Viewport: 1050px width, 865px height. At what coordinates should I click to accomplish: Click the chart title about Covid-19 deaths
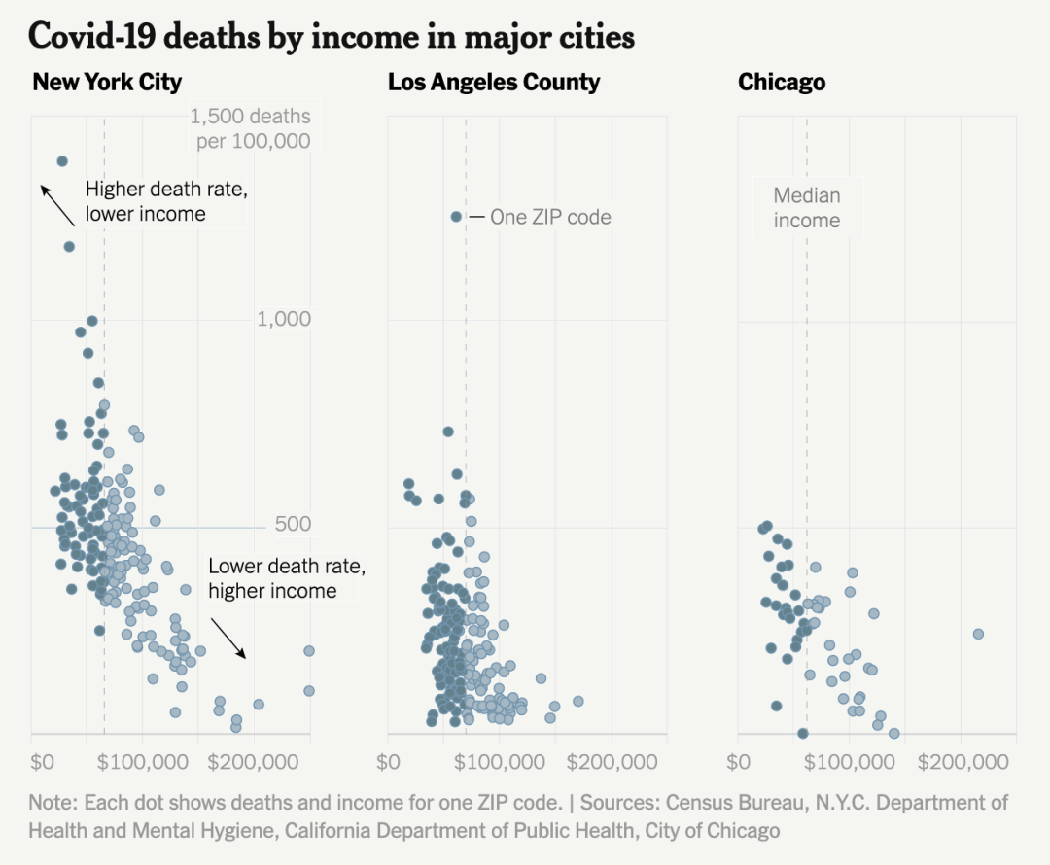pyautogui.click(x=332, y=36)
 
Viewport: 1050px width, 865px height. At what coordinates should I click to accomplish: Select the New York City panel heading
pyautogui.click(x=107, y=82)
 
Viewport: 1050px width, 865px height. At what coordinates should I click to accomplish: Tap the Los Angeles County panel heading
pyautogui.click(x=494, y=82)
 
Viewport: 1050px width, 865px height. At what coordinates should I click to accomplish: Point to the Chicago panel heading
pyautogui.click(x=782, y=82)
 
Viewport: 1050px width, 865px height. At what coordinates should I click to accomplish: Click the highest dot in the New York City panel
pyautogui.click(x=62, y=161)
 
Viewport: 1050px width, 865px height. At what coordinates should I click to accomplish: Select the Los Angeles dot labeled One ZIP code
pyautogui.click(x=456, y=217)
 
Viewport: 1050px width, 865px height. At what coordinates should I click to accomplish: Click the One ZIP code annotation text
pyautogui.click(x=550, y=217)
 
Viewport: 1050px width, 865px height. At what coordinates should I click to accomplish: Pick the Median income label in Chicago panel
pyautogui.click(x=807, y=208)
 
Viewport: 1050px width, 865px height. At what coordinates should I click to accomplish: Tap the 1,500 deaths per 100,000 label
pyautogui.click(x=250, y=128)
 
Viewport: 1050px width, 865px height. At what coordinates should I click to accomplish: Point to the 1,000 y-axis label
pyautogui.click(x=284, y=320)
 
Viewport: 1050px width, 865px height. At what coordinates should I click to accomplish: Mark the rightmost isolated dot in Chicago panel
pyautogui.click(x=978, y=634)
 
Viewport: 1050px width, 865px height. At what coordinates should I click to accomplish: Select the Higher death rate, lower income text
pyautogui.click(x=166, y=201)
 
